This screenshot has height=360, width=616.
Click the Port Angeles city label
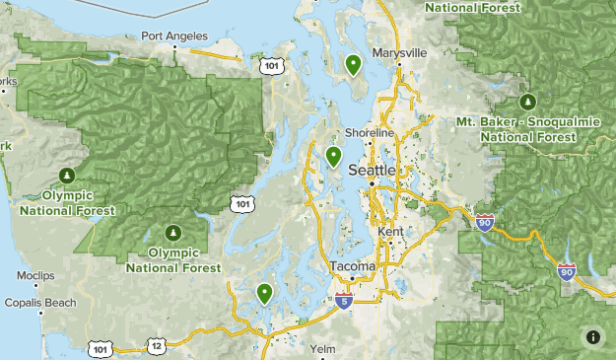pyautogui.click(x=173, y=36)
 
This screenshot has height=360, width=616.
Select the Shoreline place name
pyautogui.click(x=370, y=133)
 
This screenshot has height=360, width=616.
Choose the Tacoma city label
pyautogui.click(x=352, y=267)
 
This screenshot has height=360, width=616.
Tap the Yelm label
pyautogui.click(x=322, y=349)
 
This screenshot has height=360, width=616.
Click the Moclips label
pyautogui.click(x=35, y=276)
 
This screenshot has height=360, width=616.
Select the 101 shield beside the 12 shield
pyautogui.click(x=100, y=349)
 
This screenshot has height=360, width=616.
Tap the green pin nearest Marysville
pyautogui.click(x=353, y=65)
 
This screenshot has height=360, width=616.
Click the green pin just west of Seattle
pyautogui.click(x=334, y=156)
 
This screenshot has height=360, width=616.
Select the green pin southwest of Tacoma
pyautogui.click(x=264, y=293)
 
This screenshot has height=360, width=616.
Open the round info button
pyautogui.click(x=593, y=337)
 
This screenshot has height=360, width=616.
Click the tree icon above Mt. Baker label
pyautogui.click(x=527, y=101)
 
